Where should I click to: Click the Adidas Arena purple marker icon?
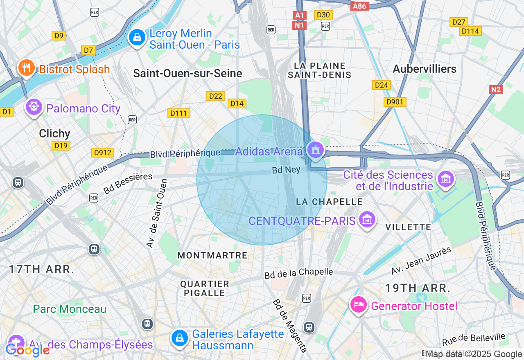point(315,150)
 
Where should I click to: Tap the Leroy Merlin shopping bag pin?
point(137,38)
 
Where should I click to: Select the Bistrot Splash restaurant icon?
point(27,68)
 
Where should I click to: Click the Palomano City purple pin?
point(34,107)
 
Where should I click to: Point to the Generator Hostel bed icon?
point(359,305)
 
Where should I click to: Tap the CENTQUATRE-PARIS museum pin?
point(367,220)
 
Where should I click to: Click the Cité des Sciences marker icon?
point(445,179)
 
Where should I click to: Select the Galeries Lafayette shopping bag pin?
point(179,338)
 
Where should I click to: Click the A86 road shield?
point(360,6)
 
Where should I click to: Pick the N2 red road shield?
point(495,89)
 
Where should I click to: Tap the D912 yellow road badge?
point(102,153)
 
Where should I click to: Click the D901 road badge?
point(395,102)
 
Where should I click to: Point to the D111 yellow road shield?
point(179,113)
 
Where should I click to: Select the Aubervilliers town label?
point(425,69)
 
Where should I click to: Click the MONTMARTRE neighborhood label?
point(212,255)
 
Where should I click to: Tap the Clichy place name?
point(54,133)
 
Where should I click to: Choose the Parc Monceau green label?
point(70,309)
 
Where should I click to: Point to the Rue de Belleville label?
point(474,340)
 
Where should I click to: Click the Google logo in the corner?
point(27,350)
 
